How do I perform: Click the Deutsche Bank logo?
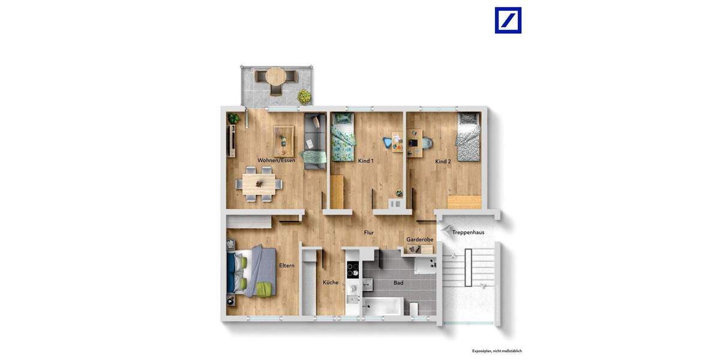click(x=508, y=20)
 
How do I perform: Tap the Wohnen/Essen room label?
click(x=276, y=160)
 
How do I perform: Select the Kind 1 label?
click(x=365, y=161)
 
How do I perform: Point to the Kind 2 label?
click(x=443, y=161)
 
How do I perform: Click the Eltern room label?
click(x=287, y=266)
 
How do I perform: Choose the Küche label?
click(x=331, y=283)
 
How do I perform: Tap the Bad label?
click(x=398, y=283)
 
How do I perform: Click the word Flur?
click(x=369, y=232)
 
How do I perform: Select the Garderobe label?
click(x=419, y=239)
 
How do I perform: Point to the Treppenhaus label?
click(x=469, y=232)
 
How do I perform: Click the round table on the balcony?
click(x=276, y=77)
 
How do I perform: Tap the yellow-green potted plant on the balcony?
click(x=304, y=95)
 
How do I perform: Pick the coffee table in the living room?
click(x=284, y=137)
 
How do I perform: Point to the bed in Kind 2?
click(x=467, y=138)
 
